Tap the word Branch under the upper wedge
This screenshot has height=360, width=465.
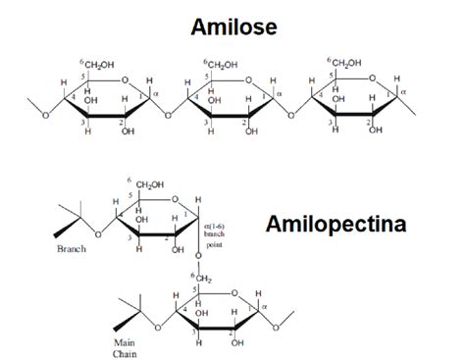click(x=71, y=250)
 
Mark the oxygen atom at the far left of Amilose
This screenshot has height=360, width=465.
click(x=44, y=115)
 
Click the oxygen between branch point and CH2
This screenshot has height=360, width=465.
click(x=197, y=258)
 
